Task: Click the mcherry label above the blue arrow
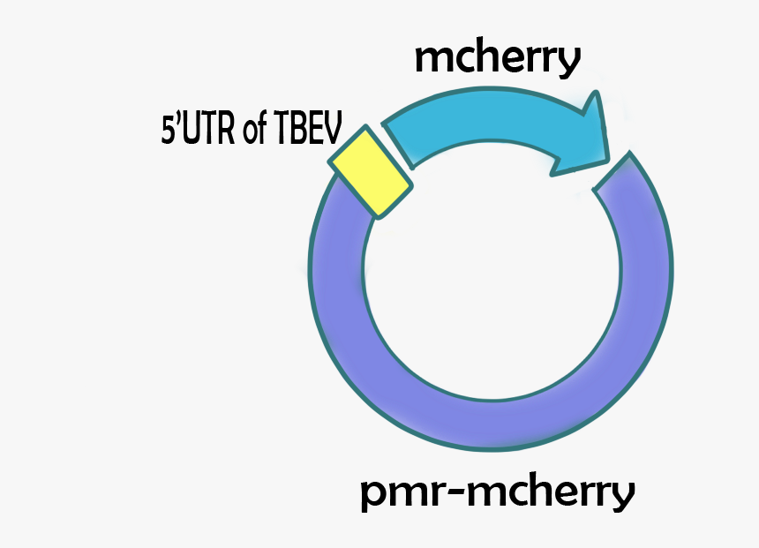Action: (x=497, y=60)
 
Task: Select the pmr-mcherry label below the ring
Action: (x=497, y=494)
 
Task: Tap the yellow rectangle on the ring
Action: (x=370, y=172)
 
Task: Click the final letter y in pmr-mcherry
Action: (x=621, y=498)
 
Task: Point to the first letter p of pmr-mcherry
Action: (x=372, y=498)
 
